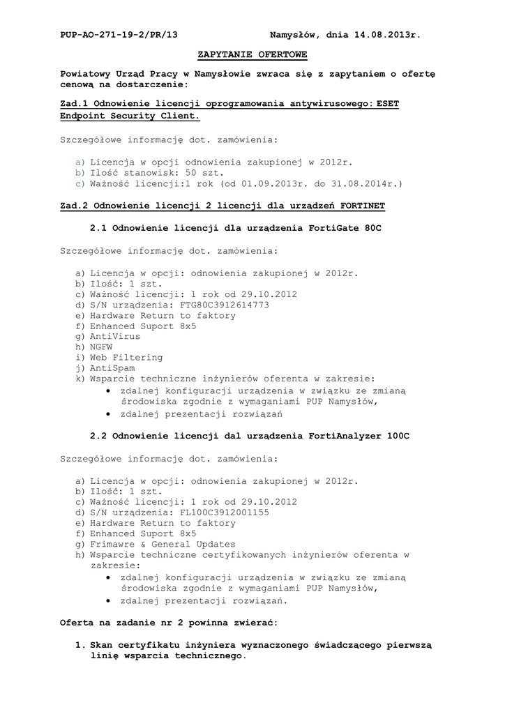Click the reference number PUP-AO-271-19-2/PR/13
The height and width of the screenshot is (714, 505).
click(x=119, y=33)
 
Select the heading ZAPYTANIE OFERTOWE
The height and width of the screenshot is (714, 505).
click(x=252, y=54)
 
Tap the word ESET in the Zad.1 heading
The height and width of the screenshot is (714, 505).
click(x=388, y=103)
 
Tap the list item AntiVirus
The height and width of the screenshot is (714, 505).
click(x=114, y=336)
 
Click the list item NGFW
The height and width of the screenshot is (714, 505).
click(x=100, y=347)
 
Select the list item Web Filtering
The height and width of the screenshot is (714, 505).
click(x=126, y=357)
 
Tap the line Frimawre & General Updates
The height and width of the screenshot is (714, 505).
click(x=163, y=544)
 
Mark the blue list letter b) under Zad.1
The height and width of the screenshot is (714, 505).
click(x=80, y=172)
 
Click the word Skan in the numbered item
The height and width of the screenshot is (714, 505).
click(x=102, y=645)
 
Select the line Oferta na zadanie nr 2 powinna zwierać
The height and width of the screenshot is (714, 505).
click(x=169, y=621)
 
